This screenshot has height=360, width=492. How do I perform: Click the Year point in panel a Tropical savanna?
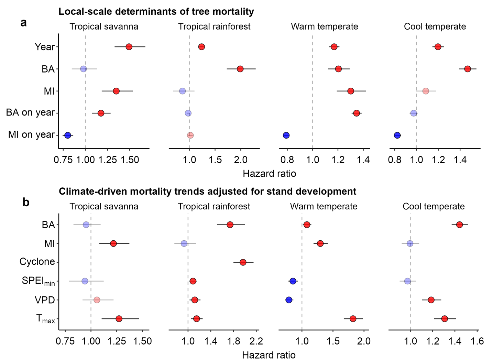(x=129, y=47)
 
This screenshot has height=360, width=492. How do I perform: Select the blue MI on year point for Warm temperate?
(x=286, y=135)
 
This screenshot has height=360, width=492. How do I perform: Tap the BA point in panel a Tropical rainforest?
(x=240, y=69)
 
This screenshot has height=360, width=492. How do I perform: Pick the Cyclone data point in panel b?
(x=243, y=262)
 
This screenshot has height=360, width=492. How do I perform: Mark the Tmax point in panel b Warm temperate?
(x=353, y=319)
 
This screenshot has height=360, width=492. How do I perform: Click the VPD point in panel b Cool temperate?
(x=431, y=300)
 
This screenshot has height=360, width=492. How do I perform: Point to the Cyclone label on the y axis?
(x=37, y=262)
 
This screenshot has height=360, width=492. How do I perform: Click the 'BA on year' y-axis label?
(x=30, y=112)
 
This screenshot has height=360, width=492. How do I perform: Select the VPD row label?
(x=45, y=300)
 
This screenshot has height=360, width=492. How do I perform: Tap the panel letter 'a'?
(x=23, y=23)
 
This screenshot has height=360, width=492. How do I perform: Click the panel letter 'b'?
(x=26, y=203)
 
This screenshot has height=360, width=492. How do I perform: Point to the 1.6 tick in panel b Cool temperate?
(x=477, y=341)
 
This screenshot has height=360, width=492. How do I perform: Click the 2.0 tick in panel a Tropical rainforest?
(x=241, y=160)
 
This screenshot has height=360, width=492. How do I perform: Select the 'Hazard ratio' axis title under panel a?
(x=269, y=174)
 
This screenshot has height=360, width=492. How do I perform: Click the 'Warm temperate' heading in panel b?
(x=324, y=206)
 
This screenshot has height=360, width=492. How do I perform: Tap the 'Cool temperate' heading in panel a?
(x=435, y=26)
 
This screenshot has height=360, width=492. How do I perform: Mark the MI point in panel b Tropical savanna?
(x=113, y=243)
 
